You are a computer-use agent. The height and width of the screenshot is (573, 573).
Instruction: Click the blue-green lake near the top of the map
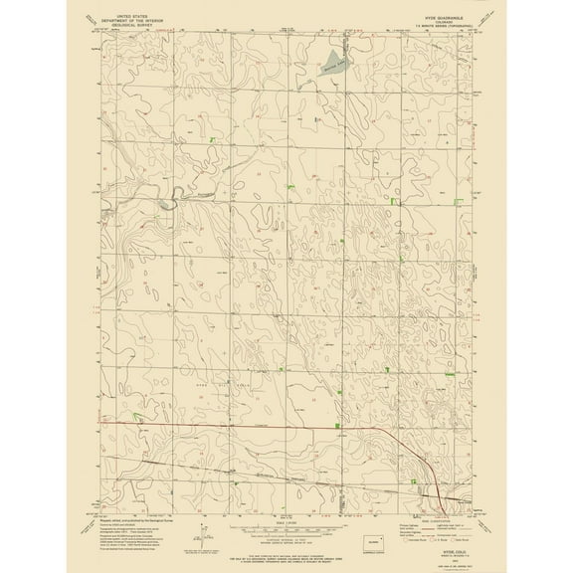pos(332,61)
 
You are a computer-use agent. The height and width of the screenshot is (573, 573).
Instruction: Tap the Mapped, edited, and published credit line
pos(139,506)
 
